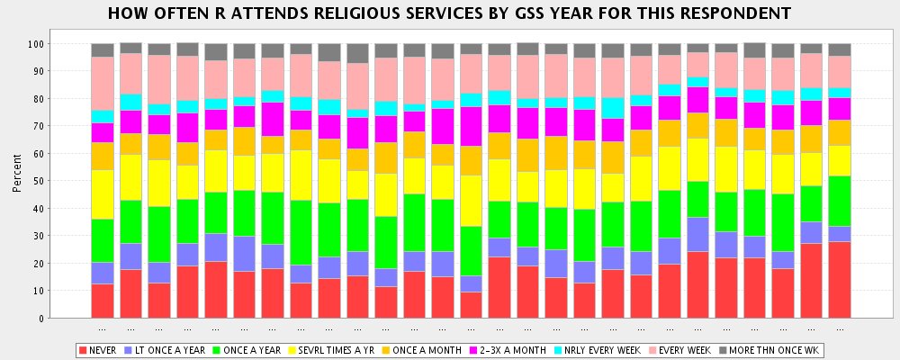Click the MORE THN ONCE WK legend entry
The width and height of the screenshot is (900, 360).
(776, 349)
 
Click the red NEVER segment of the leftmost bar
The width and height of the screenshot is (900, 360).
(103, 301)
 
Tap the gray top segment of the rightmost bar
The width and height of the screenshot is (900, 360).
(840, 49)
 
